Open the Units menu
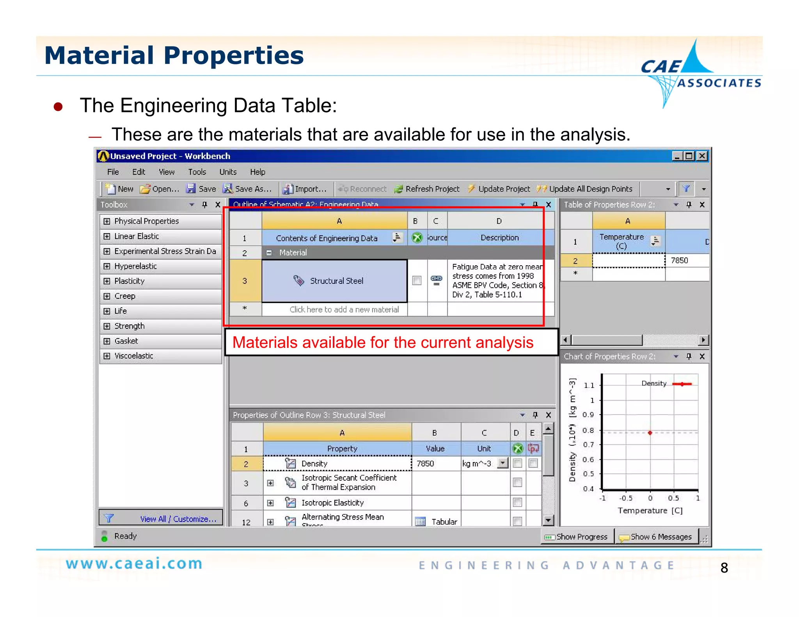(x=228, y=172)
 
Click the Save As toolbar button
(x=247, y=189)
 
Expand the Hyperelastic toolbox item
(x=107, y=266)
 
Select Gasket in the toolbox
(x=126, y=341)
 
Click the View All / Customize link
(x=178, y=519)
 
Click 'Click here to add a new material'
(x=344, y=310)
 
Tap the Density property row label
(x=314, y=464)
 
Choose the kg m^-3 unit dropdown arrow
(x=503, y=463)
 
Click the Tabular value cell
(x=437, y=522)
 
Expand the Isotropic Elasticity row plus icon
(x=270, y=503)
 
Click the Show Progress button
(x=577, y=537)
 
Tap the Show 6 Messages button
(x=656, y=537)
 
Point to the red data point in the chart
(x=650, y=433)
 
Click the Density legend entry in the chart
(x=654, y=384)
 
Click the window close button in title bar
(x=702, y=156)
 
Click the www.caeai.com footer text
(x=134, y=564)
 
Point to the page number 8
(x=724, y=568)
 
